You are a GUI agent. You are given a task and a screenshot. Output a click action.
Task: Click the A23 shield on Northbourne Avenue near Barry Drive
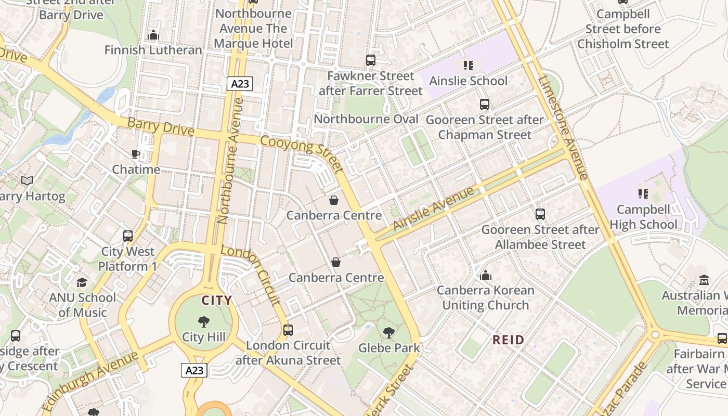point(239,84)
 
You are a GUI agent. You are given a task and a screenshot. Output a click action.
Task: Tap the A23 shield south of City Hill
point(194,370)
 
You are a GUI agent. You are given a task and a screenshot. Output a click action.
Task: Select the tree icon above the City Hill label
point(204,322)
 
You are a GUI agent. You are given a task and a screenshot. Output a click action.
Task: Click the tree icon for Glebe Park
point(388,333)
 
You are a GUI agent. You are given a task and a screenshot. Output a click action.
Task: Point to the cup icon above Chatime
point(136,154)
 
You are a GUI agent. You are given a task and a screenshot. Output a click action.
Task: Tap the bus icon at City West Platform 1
point(128,236)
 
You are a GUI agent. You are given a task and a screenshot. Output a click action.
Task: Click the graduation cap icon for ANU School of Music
point(82,282)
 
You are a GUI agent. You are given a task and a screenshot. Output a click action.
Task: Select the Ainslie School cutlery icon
point(469,66)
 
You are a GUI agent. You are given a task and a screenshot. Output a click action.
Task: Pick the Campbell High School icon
point(643,194)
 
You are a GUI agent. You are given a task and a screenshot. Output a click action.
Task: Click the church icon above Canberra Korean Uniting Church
point(486,275)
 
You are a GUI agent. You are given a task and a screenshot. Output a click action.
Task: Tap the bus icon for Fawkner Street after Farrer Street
point(370,60)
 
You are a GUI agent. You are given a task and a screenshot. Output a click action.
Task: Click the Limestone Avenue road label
point(564,128)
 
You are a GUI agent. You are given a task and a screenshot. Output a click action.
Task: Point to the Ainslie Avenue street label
point(434,209)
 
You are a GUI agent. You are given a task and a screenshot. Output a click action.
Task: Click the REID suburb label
point(509,340)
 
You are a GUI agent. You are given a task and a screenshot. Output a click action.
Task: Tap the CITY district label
point(216,301)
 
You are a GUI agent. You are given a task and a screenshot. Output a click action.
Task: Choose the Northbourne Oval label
point(366,119)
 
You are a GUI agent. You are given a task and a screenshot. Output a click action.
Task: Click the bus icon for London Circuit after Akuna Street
point(288,330)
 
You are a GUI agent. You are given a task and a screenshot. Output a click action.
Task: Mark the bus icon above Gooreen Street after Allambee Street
point(540,214)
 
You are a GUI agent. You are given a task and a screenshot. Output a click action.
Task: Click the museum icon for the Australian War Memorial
point(704,280)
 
